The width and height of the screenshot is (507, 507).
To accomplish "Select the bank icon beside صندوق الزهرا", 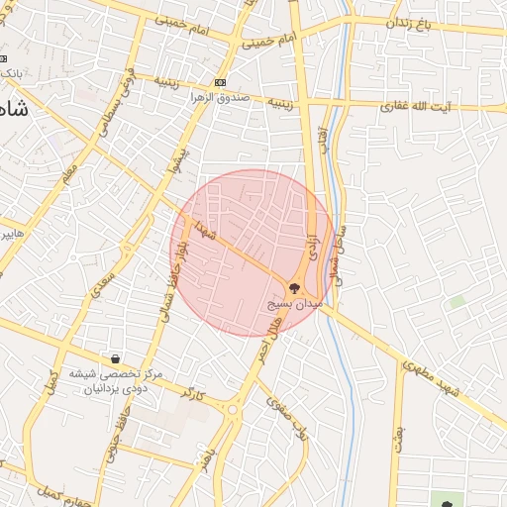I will (219, 82).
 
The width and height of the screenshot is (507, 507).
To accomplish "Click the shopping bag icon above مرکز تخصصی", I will (116, 358).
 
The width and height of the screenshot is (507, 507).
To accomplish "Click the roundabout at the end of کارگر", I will (234, 408).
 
